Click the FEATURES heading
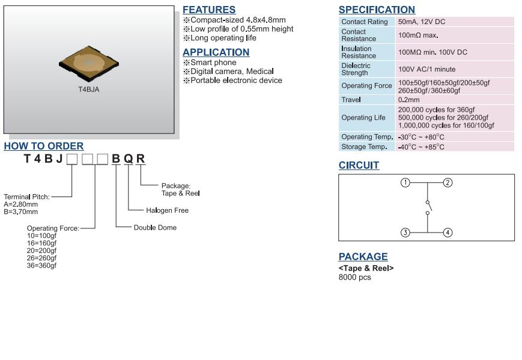click(208, 10)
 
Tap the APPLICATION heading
click(216, 52)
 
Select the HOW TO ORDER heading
click(44, 146)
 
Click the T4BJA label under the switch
click(89, 90)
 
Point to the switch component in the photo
click(89, 64)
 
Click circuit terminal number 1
click(405, 183)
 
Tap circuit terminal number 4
click(448, 233)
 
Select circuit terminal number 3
click(405, 233)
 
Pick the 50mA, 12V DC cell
click(422, 22)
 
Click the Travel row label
click(351, 100)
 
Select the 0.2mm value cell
click(409, 100)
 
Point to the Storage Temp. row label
click(365, 147)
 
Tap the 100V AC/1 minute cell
click(426, 69)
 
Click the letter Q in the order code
click(129, 159)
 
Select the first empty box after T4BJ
click(71, 159)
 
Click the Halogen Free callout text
click(167, 210)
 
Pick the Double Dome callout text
click(155, 228)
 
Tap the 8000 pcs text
click(354, 277)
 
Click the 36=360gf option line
click(41, 266)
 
